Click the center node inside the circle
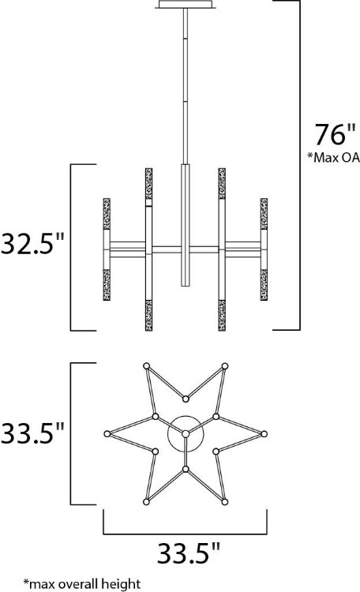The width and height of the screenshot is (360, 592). (x=186, y=433)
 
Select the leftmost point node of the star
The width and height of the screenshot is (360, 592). (x=106, y=433)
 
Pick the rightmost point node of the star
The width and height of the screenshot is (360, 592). (x=265, y=433)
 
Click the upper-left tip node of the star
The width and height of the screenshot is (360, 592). (x=145, y=365)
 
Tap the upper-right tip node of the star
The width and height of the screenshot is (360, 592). (x=226, y=365)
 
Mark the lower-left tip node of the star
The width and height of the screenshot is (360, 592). (x=145, y=502)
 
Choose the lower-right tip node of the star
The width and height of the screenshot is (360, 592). (x=226, y=502)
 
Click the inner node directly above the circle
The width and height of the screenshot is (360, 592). (x=186, y=398)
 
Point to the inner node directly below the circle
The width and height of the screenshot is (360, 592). (x=186, y=469)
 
